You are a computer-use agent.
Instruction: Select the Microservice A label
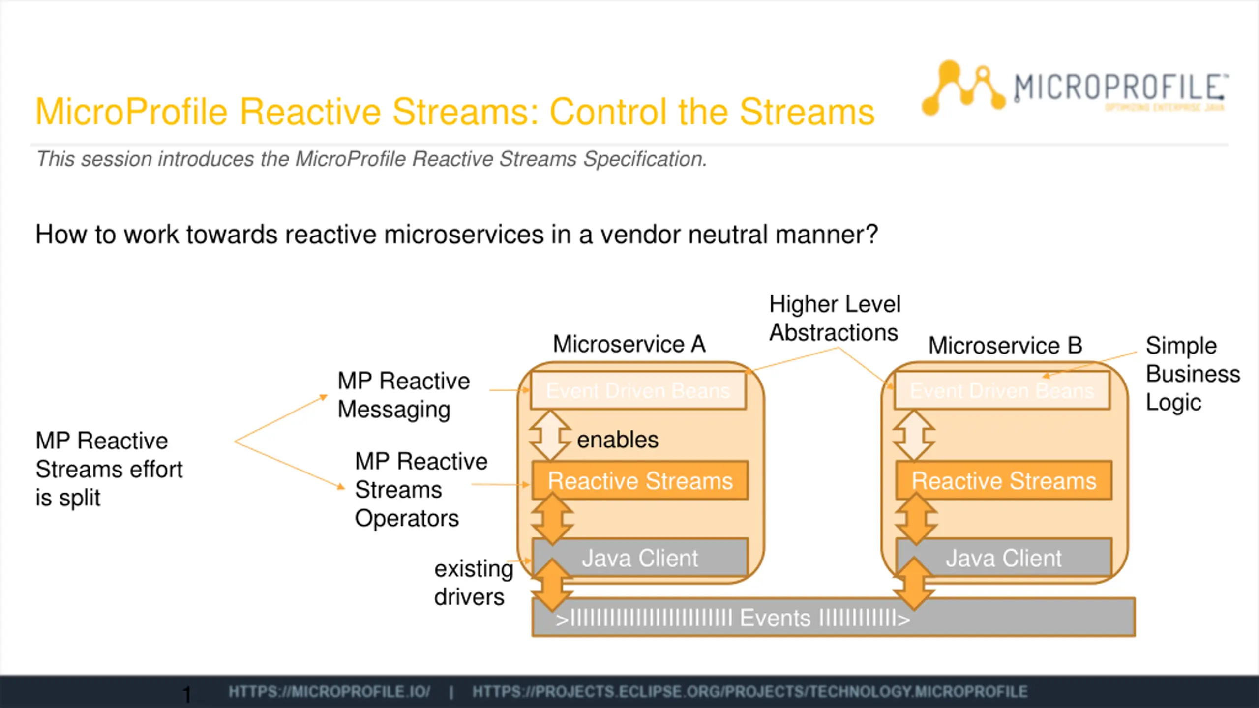pos(629,344)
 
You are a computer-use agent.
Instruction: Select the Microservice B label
pos(1005,345)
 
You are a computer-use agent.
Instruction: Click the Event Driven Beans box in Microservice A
pos(638,391)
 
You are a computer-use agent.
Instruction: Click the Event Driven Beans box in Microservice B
pos(1002,391)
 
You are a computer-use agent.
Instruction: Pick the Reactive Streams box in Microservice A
pos(640,480)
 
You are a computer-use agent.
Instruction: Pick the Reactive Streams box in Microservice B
pos(1004,480)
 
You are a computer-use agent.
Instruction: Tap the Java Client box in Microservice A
pos(640,558)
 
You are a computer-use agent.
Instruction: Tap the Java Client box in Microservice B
pos(1004,558)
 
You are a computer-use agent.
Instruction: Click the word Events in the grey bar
pos(775,618)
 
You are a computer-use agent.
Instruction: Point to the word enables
pos(617,440)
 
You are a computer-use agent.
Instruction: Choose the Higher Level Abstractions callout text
pos(835,318)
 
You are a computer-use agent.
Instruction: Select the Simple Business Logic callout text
pos(1192,374)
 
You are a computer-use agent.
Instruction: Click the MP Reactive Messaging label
pos(403,395)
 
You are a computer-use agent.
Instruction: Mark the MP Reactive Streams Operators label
pos(420,490)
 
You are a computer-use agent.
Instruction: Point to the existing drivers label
pos(473,583)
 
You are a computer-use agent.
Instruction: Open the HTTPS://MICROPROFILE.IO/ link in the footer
pos(329,692)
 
